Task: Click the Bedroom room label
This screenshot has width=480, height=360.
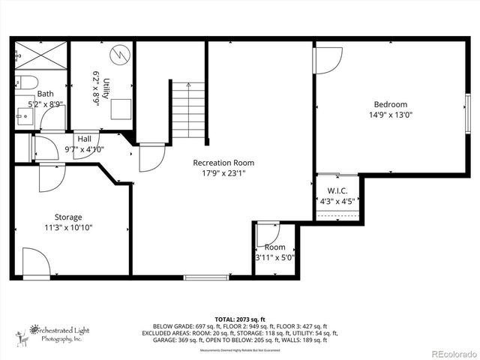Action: pos(390,104)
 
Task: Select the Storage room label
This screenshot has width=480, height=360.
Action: pos(67,217)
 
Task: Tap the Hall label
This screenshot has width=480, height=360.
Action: pos(84,139)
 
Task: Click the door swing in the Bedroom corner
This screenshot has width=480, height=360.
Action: pos(328,60)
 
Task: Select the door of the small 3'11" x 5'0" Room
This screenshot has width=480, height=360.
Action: pos(268,234)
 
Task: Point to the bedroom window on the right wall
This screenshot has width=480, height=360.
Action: pos(466,111)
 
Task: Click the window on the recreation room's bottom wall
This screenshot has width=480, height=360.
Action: pos(206,277)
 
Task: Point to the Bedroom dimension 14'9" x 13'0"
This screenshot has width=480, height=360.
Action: pos(390,115)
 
